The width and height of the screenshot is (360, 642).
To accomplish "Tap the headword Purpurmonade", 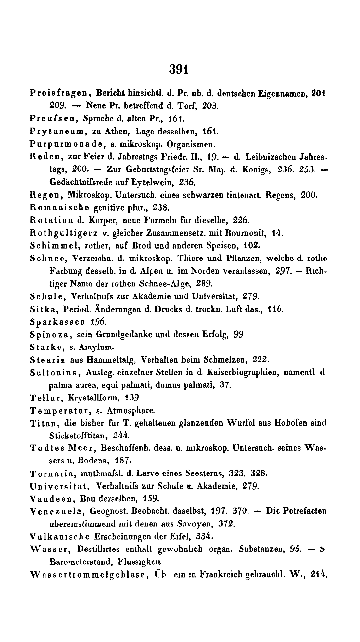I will (x=61, y=144).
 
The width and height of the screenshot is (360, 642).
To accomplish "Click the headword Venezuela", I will (x=55, y=511).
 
